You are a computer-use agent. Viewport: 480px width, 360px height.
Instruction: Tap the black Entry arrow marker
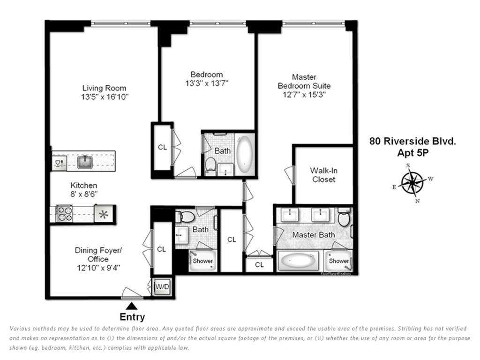coord(132,306)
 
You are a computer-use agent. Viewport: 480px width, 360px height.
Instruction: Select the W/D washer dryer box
coord(162,286)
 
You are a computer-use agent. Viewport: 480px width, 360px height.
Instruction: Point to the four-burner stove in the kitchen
coord(64,214)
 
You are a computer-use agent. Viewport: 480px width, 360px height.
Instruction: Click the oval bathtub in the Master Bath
coord(298,261)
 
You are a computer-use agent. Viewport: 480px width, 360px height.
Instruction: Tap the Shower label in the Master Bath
coord(338,261)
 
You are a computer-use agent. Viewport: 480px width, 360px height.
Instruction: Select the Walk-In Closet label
coord(323,175)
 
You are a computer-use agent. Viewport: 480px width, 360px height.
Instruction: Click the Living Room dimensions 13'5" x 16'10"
coord(105,97)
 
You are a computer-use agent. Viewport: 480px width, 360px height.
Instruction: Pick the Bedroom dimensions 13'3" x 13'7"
coord(206,83)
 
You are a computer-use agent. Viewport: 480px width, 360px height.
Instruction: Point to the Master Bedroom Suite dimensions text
coord(304,94)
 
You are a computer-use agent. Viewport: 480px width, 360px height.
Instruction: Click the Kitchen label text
coord(83,186)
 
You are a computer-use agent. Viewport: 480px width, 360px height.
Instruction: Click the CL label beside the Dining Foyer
coord(162,249)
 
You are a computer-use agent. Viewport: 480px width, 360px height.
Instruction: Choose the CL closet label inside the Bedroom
coord(162,147)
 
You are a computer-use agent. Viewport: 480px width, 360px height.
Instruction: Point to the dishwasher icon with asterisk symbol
coord(103,214)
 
